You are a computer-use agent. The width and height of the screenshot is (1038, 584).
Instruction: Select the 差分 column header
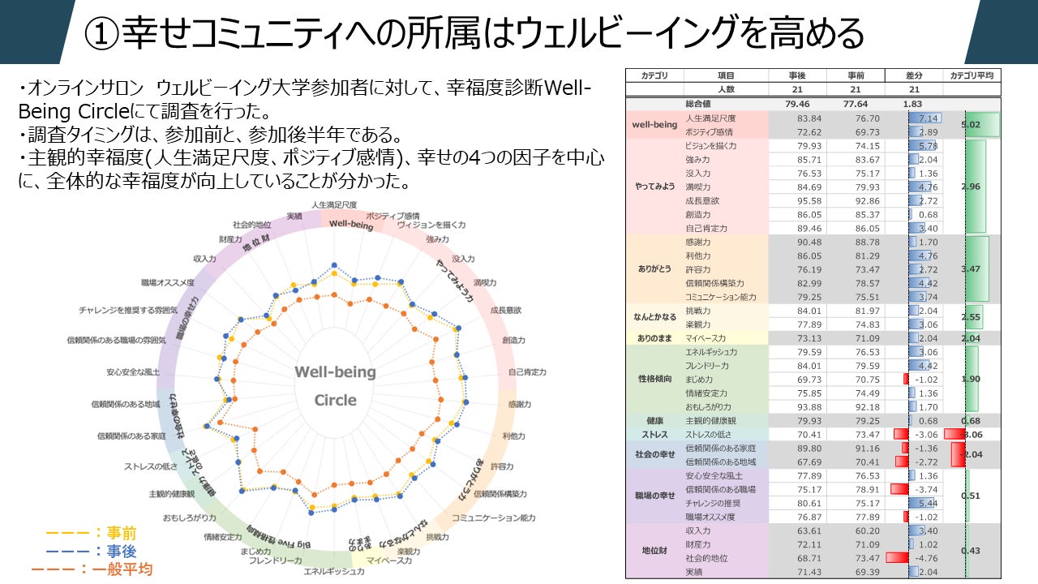pyautogui.click(x=914, y=75)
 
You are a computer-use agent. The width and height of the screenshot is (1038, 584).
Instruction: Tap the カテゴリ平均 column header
pyautogui.click(x=972, y=75)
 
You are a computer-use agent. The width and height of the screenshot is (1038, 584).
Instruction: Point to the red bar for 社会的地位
pyautogui.click(x=897, y=558)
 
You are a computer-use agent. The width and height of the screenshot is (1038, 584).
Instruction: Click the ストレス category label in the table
pyautogui.click(x=654, y=435)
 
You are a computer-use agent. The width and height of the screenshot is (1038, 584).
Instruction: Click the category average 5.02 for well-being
pyautogui.click(x=971, y=125)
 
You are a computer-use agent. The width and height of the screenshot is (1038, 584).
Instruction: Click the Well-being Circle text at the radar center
pyautogui.click(x=335, y=385)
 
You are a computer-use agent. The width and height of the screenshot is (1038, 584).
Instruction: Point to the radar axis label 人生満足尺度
pyautogui.click(x=334, y=204)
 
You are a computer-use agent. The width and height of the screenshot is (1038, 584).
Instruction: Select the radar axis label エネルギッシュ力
pyautogui.click(x=333, y=572)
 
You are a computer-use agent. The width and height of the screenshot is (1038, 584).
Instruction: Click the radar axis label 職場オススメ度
pyautogui.click(x=168, y=282)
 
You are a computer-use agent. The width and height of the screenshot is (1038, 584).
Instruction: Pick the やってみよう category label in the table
pyautogui.click(x=654, y=187)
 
